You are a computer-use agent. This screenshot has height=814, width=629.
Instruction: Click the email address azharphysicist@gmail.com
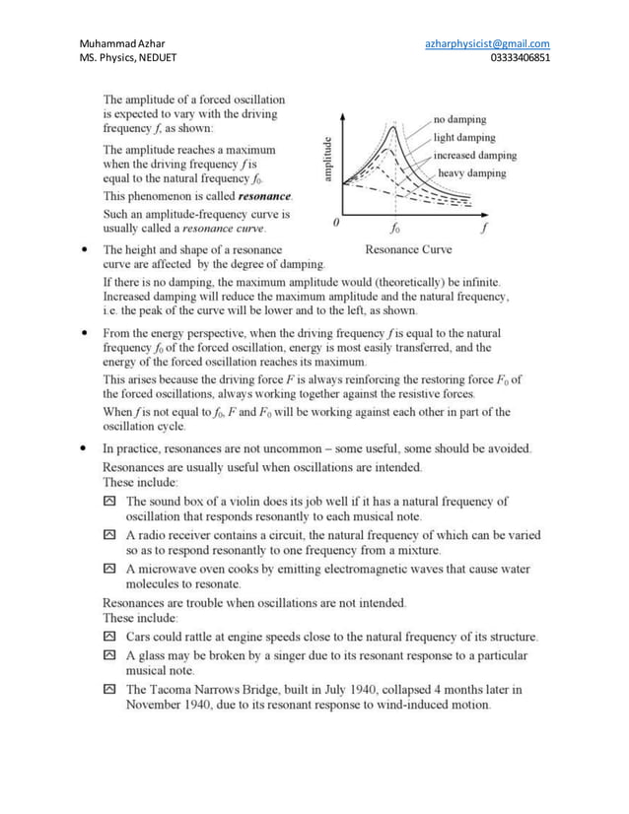pos(487,43)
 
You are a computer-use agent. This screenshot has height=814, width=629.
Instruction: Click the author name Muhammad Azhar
pos(122,43)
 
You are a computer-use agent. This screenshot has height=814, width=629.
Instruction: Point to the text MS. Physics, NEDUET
pos(129,58)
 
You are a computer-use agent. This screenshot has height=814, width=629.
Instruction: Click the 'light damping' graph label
pos(464,138)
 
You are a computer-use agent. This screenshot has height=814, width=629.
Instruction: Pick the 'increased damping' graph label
pos(474,156)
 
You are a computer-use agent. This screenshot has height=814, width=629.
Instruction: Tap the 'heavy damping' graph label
pos(471,173)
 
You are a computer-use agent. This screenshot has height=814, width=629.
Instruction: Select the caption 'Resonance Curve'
pos(408,249)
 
